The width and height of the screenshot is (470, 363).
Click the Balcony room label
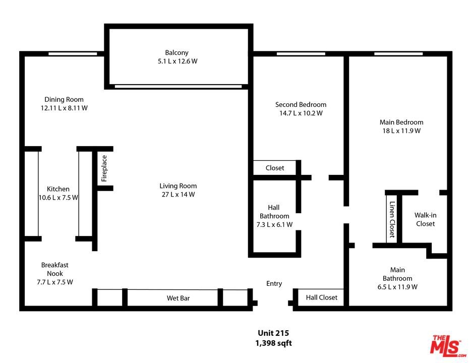point(177,53)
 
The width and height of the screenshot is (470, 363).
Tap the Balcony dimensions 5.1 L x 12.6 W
point(178,62)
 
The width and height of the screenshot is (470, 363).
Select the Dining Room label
point(64,99)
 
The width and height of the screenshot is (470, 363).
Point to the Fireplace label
point(104,168)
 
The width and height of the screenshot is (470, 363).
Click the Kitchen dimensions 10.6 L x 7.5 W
point(58,198)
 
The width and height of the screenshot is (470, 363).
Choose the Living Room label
point(178,186)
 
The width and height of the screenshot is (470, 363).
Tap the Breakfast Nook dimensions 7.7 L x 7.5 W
point(55,282)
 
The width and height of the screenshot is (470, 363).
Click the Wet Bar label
point(179,298)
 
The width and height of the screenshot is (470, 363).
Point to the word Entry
point(274,284)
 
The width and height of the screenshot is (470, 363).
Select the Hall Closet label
point(322,297)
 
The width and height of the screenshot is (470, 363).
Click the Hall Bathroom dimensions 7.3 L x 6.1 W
point(274,224)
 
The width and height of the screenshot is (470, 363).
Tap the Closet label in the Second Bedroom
point(274,168)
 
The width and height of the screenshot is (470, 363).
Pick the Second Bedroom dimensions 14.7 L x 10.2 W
point(301,113)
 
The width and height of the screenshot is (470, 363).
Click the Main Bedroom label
point(401,123)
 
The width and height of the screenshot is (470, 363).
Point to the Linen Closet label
point(392,219)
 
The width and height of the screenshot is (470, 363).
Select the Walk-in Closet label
point(425,219)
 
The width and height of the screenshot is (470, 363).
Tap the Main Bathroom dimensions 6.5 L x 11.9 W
point(397,287)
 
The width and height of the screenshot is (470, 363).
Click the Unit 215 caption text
point(273,333)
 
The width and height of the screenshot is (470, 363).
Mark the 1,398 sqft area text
point(273,343)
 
